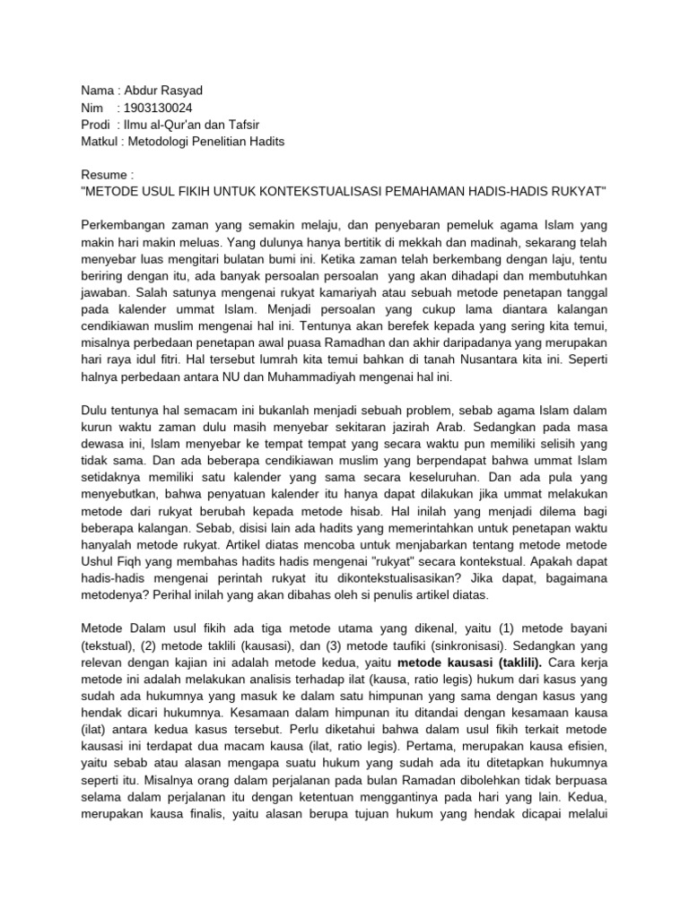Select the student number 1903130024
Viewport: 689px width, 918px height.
click(x=158, y=108)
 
